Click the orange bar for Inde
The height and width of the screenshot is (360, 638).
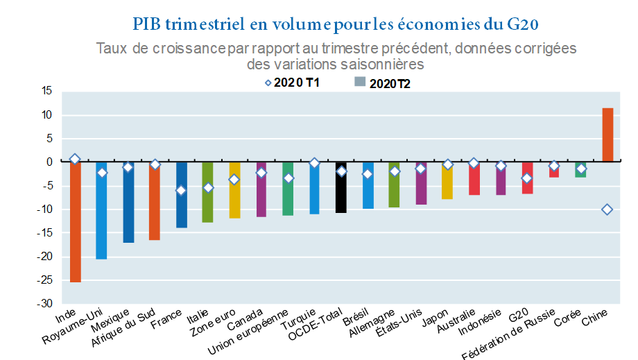click(x=75, y=222)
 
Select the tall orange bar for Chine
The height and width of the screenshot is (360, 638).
click(x=607, y=135)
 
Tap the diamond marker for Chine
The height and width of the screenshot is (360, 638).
click(x=607, y=209)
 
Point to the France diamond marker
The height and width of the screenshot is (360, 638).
click(x=181, y=190)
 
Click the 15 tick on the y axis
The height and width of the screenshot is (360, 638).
click(x=46, y=91)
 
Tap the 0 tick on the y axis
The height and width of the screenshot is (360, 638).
click(x=49, y=162)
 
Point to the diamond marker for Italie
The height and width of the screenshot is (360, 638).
click(x=207, y=188)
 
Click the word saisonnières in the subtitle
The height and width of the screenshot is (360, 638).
click(x=383, y=64)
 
